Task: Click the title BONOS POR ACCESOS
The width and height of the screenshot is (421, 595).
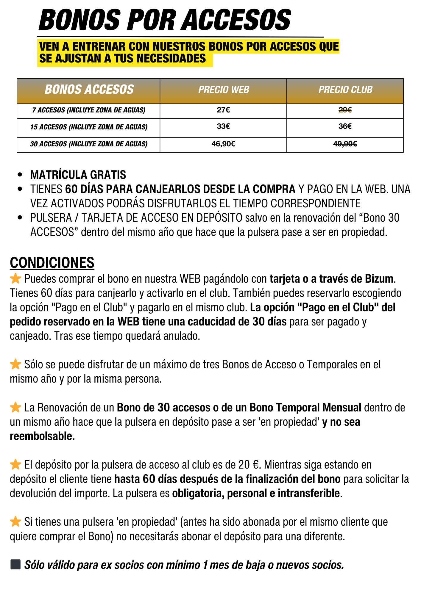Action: pos(165,20)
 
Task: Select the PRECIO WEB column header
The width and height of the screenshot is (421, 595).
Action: pos(224,90)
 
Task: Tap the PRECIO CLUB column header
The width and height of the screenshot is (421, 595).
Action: pos(345,90)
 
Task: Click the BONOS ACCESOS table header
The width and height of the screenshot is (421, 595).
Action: pos(89,90)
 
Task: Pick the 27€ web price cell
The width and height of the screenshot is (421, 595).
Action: pos(223,110)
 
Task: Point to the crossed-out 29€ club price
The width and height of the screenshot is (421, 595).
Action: pos(345,110)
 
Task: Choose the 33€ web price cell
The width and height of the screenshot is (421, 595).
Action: pos(223,126)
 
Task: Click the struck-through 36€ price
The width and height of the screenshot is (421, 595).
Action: pos(345,126)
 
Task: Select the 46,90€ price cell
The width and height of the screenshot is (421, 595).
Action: pos(223,144)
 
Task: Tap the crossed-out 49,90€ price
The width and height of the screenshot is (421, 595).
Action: pos(345,144)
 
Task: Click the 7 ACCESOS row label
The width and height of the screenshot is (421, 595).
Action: pos(89,110)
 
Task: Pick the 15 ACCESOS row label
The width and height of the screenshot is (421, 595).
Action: pos(89,127)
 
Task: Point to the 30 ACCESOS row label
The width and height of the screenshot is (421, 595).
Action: pos(89,144)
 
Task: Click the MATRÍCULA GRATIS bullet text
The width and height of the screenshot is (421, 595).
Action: pos(78,175)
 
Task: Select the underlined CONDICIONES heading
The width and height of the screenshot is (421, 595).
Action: pos(52,263)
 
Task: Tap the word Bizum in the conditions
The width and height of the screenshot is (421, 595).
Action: pos(379,279)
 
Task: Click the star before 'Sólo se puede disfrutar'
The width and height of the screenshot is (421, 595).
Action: pos(15,364)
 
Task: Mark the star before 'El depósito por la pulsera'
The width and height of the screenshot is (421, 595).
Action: pos(15,464)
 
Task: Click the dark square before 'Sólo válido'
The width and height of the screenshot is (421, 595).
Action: pos(15,564)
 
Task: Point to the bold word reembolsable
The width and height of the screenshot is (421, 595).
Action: pos(42,436)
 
